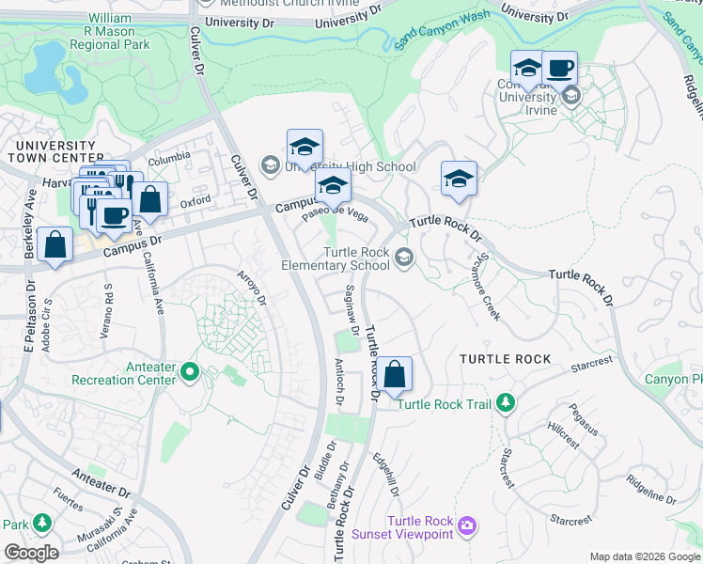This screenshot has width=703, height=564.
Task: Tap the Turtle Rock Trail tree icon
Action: coord(507,403)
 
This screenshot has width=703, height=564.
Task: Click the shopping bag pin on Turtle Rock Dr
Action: coord(397,373)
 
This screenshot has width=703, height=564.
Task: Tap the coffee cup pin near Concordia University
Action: coord(560,69)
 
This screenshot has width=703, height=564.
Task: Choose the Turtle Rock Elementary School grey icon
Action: coord(404,258)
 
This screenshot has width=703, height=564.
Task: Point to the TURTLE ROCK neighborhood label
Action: coord(505,359)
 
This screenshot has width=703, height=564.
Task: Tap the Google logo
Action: coord(31,552)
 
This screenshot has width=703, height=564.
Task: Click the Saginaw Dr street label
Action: coord(352,310)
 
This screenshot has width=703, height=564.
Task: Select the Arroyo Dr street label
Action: coord(254,286)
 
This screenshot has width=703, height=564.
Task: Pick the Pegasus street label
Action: coord(583,418)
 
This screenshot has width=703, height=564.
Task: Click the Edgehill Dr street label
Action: coord(386,476)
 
